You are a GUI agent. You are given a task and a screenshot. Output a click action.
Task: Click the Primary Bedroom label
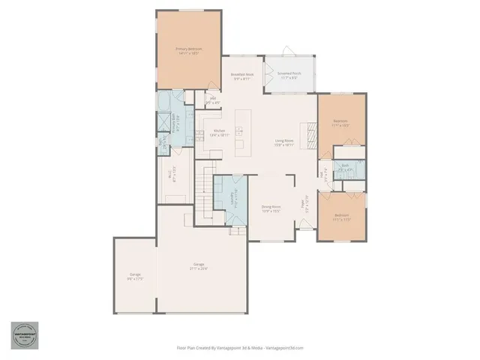pyautogui.click(x=189, y=51)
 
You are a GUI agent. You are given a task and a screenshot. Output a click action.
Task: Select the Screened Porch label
pyautogui.click(x=289, y=76)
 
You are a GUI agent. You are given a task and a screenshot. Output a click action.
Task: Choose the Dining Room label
pyautogui.click(x=271, y=208)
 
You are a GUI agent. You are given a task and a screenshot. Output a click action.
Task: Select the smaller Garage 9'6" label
pyautogui.click(x=135, y=277)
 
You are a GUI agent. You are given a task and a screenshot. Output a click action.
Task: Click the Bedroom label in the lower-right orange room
pyautogui.click(x=342, y=217)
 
